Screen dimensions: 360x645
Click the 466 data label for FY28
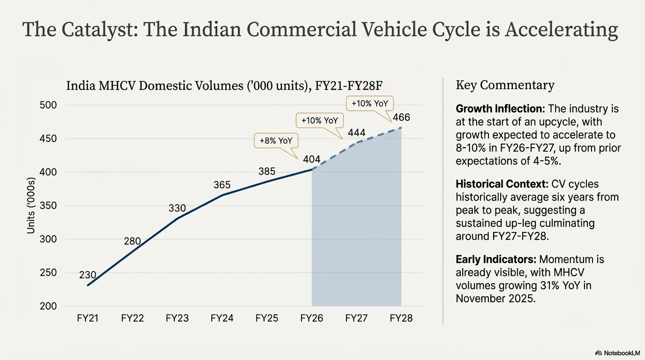(401, 117)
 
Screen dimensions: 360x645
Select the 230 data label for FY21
(88, 275)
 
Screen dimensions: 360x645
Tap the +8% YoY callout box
(276, 141)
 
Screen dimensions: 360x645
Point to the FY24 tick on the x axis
(222, 318)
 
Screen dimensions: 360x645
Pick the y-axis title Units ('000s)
(31, 205)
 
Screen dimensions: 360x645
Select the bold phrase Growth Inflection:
(500, 109)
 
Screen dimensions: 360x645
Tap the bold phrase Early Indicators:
(496, 259)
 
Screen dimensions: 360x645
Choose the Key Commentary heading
(505, 85)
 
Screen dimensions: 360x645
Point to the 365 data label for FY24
(222, 185)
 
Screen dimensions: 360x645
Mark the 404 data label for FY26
(312, 159)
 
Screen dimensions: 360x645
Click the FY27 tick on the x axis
(356, 318)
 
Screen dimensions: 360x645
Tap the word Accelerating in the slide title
(561, 30)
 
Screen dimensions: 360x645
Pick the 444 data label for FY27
(356, 133)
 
